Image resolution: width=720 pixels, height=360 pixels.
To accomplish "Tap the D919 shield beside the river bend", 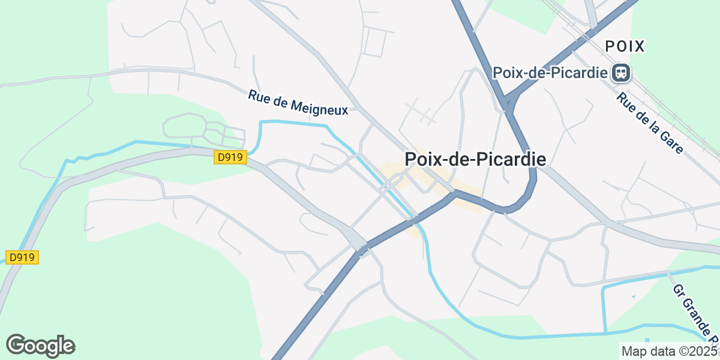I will [x=230, y=157].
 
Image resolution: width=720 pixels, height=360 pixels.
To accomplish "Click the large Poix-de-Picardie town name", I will [x=475, y=159].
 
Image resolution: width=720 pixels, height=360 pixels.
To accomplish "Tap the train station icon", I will [x=620, y=73].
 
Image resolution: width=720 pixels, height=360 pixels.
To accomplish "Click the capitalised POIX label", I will [x=625, y=46].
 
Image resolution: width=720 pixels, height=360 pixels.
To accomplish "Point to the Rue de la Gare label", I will [x=650, y=124].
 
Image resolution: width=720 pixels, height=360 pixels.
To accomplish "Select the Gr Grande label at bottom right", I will [x=696, y=312].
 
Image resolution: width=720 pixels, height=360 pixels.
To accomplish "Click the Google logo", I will [x=40, y=346].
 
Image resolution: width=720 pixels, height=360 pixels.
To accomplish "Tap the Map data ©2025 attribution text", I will [x=669, y=351].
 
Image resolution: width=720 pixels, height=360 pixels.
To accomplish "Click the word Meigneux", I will [x=320, y=106].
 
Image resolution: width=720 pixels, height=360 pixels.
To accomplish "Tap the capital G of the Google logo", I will [x=17, y=345].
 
